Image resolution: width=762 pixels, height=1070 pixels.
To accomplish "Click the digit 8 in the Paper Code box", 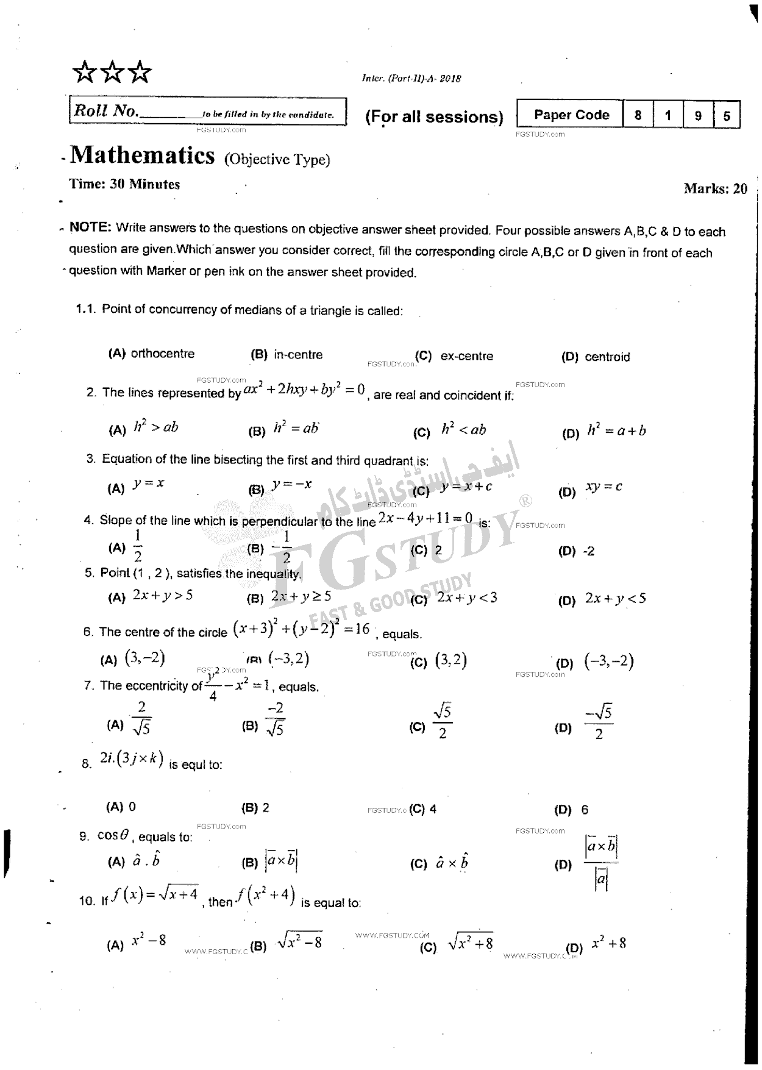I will point(638,115).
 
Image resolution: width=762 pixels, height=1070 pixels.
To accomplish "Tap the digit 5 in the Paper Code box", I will point(726,115).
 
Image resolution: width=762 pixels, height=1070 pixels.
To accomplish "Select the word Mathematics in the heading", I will point(142,155).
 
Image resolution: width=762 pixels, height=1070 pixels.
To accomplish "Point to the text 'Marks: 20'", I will point(715,188).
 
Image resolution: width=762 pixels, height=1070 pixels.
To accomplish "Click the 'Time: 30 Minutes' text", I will point(124,184).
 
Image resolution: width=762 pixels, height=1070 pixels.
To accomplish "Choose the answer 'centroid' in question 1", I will point(607,357).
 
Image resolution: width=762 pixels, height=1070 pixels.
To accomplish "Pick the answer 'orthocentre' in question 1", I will point(162,354).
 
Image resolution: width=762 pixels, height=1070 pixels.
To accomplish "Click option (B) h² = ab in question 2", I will point(296,428).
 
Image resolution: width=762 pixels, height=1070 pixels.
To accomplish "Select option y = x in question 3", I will point(149,483).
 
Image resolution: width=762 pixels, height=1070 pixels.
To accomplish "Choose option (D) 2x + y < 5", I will point(615,598).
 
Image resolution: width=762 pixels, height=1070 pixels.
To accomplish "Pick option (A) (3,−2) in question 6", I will point(144,658).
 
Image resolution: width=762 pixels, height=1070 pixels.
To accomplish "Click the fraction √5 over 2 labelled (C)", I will point(442,721).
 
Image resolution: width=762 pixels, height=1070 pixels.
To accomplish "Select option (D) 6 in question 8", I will point(584,810).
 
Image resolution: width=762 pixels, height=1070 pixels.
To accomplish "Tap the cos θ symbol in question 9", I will point(113,835).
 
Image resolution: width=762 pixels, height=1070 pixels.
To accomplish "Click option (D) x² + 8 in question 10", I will point(608,943).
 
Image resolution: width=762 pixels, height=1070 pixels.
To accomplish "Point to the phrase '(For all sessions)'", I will point(434,116).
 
